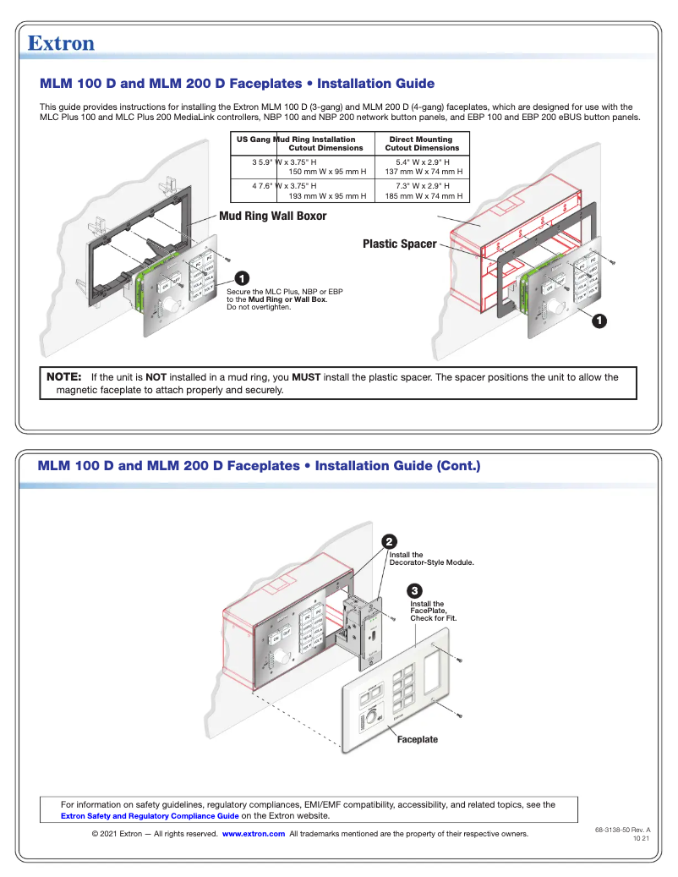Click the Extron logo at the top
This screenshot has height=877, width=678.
click(x=61, y=43)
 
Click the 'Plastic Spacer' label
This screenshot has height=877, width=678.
click(x=399, y=244)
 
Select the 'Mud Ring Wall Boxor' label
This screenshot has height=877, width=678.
click(x=272, y=217)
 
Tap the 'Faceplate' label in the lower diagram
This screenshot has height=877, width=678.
click(x=418, y=739)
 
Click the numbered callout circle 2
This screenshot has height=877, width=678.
click(x=389, y=541)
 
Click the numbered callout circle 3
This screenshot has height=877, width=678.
click(x=414, y=589)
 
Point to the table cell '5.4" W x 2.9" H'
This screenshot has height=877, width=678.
click(x=423, y=162)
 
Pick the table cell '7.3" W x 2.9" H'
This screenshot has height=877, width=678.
click(x=423, y=185)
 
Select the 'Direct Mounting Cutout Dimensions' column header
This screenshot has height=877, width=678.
click(x=421, y=144)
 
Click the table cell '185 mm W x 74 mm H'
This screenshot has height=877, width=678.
click(x=424, y=195)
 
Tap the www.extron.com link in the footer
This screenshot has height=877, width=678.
click(x=253, y=834)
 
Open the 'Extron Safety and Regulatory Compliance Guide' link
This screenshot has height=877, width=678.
click(x=150, y=816)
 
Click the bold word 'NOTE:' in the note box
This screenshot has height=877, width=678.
click(x=63, y=377)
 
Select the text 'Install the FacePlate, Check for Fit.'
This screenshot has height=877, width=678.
click(x=433, y=611)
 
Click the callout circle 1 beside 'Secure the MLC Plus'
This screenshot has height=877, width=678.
click(x=241, y=278)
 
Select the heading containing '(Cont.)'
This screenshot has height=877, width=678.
click(x=259, y=466)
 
